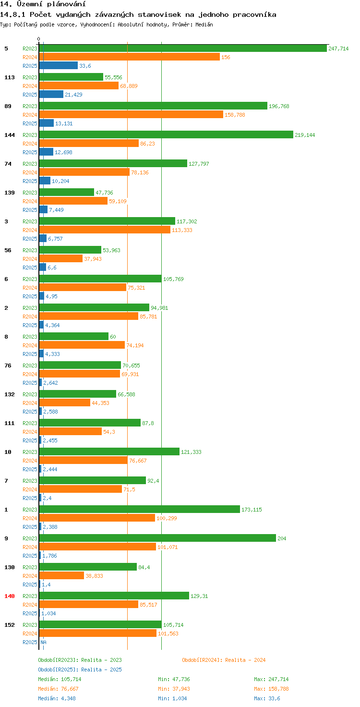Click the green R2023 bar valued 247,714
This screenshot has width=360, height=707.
coord(183,48)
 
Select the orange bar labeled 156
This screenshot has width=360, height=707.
coord(129,57)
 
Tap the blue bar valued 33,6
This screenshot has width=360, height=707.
coord(58,65)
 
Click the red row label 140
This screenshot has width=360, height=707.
coord(10,596)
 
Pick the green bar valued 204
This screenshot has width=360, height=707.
coord(157,538)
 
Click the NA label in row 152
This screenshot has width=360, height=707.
coord(43,642)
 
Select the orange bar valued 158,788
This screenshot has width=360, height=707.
coord(131,114)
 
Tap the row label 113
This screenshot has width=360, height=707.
coord(10,77)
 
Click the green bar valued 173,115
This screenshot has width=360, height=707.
coord(139,509)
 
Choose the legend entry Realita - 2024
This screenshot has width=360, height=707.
coord(224,660)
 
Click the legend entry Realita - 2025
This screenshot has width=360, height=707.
coord(80,670)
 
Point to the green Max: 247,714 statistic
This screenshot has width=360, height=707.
coord(271,679)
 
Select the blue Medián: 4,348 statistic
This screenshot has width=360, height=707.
coord(57,698)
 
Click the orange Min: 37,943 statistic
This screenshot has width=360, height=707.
coord(175,689)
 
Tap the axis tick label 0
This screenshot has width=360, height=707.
coord(39,39)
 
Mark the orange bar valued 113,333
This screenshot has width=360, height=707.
coord(105,230)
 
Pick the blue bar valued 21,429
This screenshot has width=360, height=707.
coord(51,94)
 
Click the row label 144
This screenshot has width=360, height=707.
coord(10,135)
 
